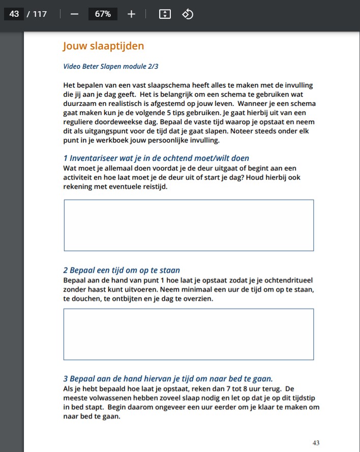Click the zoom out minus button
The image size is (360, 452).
point(75,14)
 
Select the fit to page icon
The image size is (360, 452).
point(165,14)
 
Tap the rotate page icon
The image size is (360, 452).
point(188,14)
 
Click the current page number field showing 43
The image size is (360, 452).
point(14,14)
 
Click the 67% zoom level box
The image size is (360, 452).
point(103,14)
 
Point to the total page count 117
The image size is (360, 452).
point(40,14)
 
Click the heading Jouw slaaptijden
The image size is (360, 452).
point(103,46)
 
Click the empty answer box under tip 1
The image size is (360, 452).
point(189,225)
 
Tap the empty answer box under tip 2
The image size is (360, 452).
point(189,334)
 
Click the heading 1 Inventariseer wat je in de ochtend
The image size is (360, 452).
point(156,158)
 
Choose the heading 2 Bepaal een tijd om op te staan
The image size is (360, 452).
point(122,270)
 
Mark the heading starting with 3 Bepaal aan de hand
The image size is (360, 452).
point(168,379)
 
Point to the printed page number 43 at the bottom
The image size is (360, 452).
point(316,443)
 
